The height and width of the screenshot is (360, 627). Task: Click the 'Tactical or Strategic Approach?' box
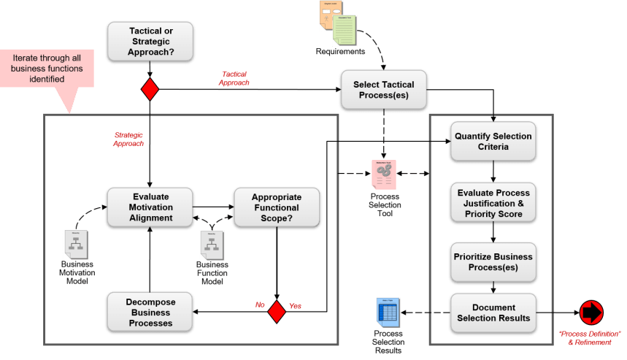point(150,41)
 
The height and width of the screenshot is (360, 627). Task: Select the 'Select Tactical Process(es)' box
point(383,91)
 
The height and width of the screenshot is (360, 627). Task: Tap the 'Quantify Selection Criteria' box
point(493,142)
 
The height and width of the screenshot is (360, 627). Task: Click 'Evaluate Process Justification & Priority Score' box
point(493,204)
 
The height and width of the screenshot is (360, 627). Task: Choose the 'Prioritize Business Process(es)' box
point(493,262)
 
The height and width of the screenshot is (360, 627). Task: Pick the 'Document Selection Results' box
point(493,313)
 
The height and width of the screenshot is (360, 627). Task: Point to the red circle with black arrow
point(591,312)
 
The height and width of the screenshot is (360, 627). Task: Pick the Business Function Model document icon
point(212,245)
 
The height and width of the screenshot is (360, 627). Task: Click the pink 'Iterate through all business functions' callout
point(47,69)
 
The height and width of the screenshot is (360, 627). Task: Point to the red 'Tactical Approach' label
point(236,78)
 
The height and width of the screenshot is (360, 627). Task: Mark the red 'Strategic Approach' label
point(129,139)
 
